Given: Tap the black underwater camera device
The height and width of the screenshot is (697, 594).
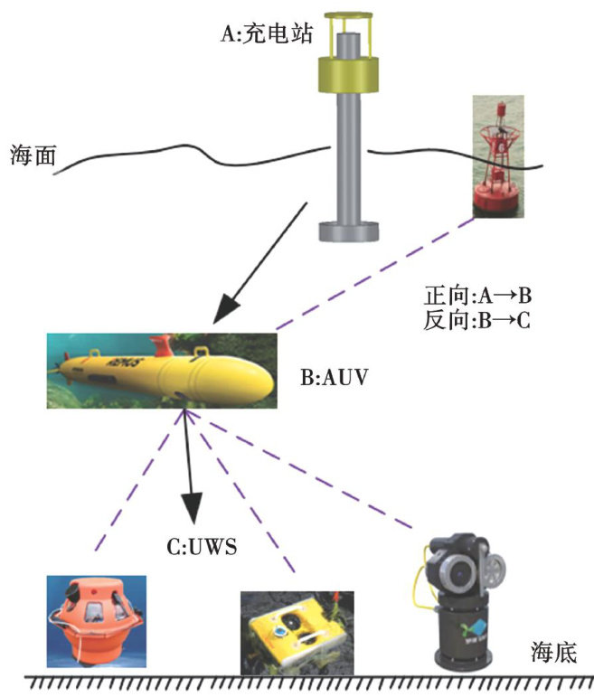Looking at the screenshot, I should tap(466, 606).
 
